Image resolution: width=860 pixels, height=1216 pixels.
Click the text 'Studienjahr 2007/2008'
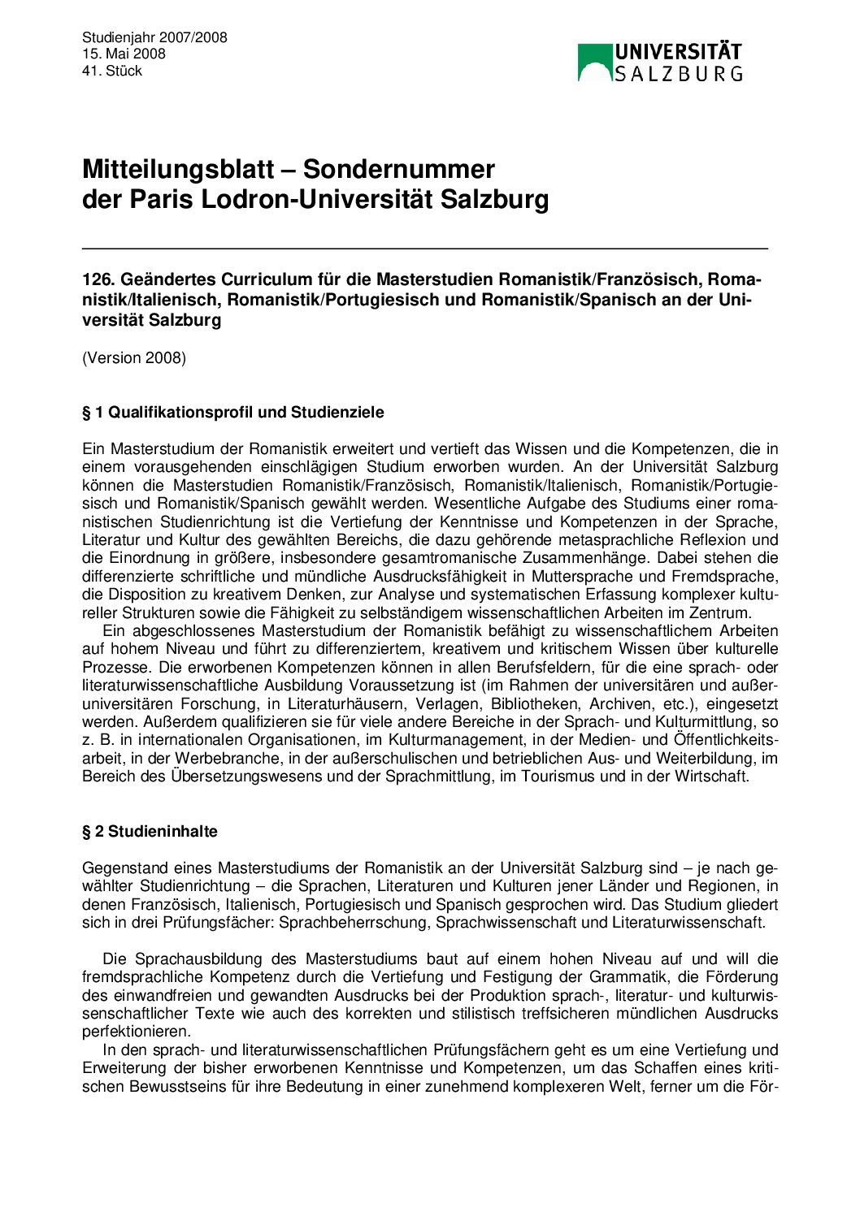pos(154,37)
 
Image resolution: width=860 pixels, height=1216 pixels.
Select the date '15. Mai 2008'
pos(124,54)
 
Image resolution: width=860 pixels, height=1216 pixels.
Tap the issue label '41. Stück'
pos(112,71)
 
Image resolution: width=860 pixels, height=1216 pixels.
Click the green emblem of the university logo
pos(594,63)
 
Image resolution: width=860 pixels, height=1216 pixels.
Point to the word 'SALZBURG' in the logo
pos(678,74)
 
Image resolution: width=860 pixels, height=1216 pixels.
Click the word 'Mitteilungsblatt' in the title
pos(178,169)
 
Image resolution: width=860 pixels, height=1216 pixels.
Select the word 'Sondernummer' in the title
pos(399,169)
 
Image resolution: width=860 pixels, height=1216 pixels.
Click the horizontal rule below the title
pos(424,248)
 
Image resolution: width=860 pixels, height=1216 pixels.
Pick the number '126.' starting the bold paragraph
pos(98,279)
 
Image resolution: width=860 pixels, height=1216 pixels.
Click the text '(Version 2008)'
pos(134,357)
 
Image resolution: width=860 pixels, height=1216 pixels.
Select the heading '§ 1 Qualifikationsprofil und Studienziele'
pos(233,412)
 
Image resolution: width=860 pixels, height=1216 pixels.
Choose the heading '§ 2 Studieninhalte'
pos(150,831)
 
